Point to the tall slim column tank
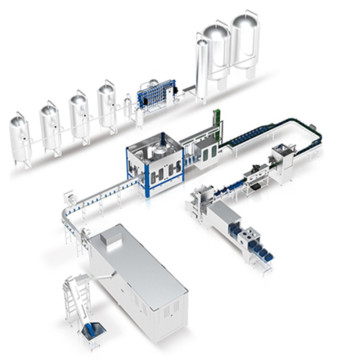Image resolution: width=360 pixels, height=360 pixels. coord(202,68)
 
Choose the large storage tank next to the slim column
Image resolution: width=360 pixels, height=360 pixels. coord(217,50)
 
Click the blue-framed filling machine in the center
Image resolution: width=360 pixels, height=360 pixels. coord(155,162)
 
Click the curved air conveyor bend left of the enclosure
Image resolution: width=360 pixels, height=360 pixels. coord(68,220)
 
